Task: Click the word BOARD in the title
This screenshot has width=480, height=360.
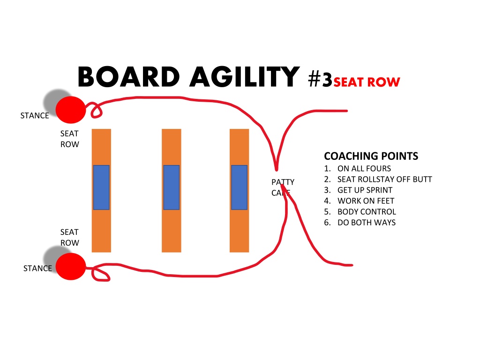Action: pyautogui.click(x=128, y=76)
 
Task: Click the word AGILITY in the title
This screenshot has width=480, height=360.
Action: pyautogui.click(x=245, y=76)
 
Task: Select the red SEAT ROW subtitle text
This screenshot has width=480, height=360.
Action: pyautogui.click(x=367, y=82)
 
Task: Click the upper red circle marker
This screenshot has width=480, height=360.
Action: pyautogui.click(x=71, y=110)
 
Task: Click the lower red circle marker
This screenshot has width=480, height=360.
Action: pyautogui.click(x=71, y=266)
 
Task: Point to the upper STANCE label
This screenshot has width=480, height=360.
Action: pyautogui.click(x=35, y=116)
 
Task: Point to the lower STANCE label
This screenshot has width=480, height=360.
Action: pyautogui.click(x=37, y=269)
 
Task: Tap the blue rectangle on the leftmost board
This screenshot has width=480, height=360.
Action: pyautogui.click(x=101, y=187)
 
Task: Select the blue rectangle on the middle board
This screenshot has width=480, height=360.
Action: pyautogui.click(x=172, y=187)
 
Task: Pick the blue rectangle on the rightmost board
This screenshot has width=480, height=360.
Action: pyautogui.click(x=240, y=187)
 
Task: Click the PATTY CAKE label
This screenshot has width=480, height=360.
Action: pyautogui.click(x=283, y=187)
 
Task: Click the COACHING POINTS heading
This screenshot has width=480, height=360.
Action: pyautogui.click(x=371, y=156)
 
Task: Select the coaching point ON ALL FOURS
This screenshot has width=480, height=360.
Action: pyautogui.click(x=364, y=169)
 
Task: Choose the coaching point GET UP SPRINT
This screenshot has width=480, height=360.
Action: pyautogui.click(x=365, y=190)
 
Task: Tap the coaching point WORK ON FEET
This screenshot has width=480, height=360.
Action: pyautogui.click(x=366, y=201)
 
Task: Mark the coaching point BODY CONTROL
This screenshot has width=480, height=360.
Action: pyautogui.click(x=367, y=212)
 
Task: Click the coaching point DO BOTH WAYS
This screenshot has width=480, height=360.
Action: pyautogui.click(x=367, y=223)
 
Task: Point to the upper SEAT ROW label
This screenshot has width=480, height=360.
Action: pyautogui.click(x=70, y=139)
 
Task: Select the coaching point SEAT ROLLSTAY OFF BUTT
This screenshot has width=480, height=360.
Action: pyautogui.click(x=385, y=180)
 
